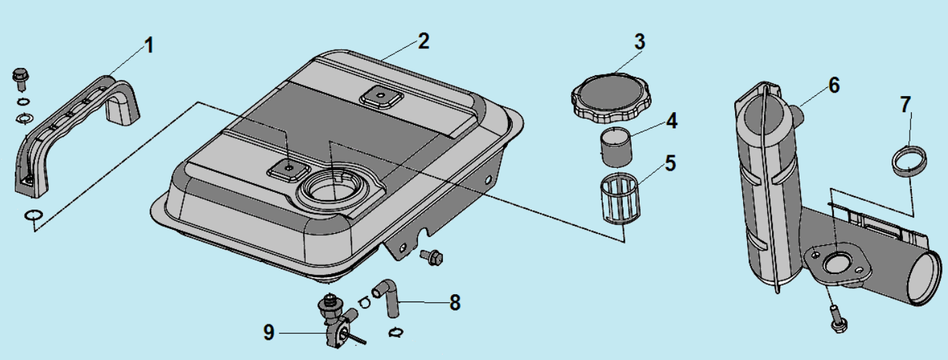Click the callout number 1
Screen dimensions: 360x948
click(148, 46)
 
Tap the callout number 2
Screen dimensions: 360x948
click(423, 41)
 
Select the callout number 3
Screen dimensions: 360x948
click(639, 41)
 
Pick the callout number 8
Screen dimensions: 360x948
click(455, 302)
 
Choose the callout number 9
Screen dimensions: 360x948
click(269, 332)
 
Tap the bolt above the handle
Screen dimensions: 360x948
click(20, 78)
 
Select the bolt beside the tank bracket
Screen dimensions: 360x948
click(432, 256)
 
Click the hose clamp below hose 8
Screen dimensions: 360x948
click(396, 330)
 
